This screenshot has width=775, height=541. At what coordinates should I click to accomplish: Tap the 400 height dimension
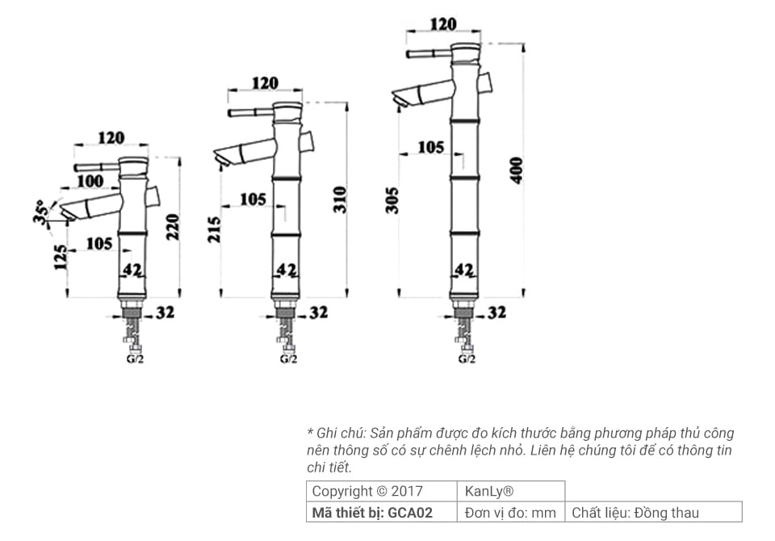(x=517, y=170)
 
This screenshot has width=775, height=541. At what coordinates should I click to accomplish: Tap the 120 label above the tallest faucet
(x=442, y=25)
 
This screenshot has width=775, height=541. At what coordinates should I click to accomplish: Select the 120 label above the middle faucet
(x=265, y=83)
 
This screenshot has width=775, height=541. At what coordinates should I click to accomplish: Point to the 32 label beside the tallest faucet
(x=496, y=312)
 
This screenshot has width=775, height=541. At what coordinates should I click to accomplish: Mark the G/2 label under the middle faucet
(x=288, y=359)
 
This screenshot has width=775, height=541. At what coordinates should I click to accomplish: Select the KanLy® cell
(x=490, y=491)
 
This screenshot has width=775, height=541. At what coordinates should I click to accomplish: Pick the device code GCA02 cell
(x=372, y=513)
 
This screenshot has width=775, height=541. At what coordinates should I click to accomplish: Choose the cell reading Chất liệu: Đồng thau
(x=635, y=513)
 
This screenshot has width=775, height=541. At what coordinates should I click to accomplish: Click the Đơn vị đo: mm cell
(x=511, y=513)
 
